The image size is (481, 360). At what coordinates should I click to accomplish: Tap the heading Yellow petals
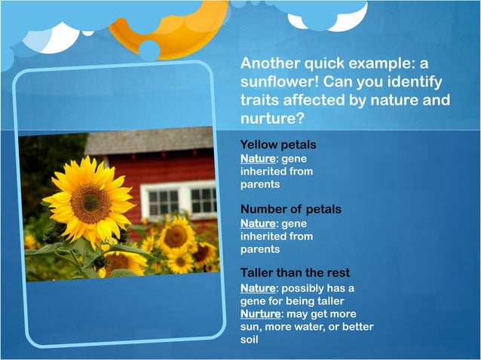coord(277,144)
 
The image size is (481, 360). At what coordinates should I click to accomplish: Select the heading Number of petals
coord(290,209)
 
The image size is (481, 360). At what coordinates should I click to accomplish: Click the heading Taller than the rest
coord(295,273)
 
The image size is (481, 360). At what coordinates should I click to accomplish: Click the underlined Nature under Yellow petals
coord(256,159)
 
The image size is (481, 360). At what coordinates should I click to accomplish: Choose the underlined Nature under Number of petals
coord(256,224)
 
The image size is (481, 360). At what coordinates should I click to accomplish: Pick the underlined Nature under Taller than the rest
coord(256,288)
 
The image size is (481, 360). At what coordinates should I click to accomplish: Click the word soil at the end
coord(249,339)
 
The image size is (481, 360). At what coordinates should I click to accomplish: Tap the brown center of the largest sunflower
coord(90,201)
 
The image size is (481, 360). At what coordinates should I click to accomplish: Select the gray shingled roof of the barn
coord(151,142)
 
